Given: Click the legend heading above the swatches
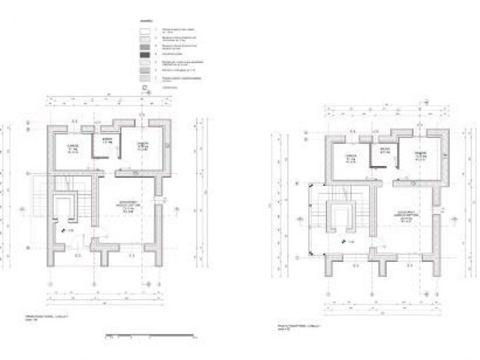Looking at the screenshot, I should tap(145, 21).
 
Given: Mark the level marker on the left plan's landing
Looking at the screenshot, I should tap(68, 231).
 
